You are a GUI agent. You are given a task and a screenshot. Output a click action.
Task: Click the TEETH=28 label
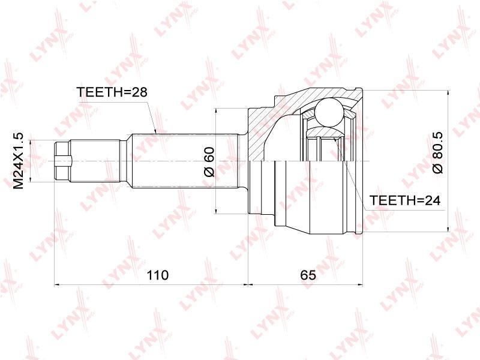[x=112, y=92]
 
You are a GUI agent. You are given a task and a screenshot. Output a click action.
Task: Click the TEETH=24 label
[x=405, y=200]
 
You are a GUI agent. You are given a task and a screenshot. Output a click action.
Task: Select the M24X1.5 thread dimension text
[x=19, y=161]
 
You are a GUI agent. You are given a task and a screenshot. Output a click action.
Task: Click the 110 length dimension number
[x=158, y=275]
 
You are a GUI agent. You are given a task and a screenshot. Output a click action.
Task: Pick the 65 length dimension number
[x=308, y=275]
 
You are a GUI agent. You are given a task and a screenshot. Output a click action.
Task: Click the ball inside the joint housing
[x=329, y=112]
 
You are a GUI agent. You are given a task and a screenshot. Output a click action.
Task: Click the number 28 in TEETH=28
[x=140, y=92]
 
